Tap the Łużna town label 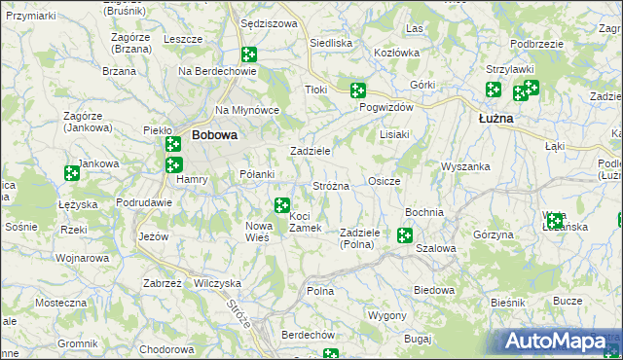(x=496, y=119)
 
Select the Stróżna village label (x=330, y=185)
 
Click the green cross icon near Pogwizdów (x=358, y=90)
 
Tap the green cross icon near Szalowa (x=404, y=234)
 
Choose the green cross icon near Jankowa (x=71, y=173)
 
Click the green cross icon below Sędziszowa (x=248, y=55)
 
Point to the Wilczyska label (x=217, y=282)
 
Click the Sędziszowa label (x=268, y=23)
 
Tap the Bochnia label (x=423, y=212)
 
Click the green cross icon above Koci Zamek (x=281, y=205)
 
